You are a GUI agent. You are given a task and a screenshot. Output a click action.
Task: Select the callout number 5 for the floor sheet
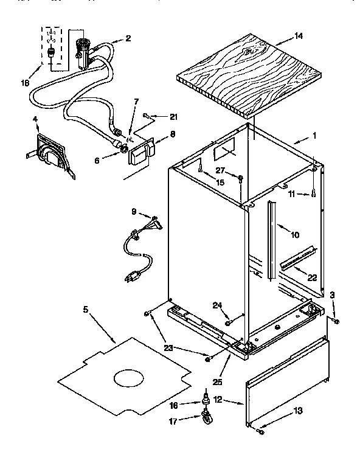(86, 310)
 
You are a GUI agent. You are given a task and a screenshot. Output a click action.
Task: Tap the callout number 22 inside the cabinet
(311, 277)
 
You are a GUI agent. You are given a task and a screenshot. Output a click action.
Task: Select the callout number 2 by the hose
(128, 39)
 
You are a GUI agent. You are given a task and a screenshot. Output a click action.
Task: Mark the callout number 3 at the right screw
(333, 295)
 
